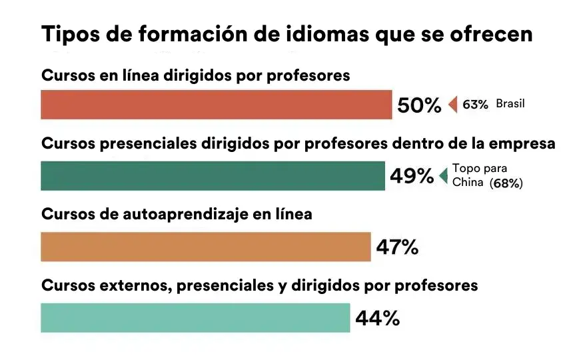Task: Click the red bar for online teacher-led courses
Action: (217, 105)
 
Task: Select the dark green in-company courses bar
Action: (213, 176)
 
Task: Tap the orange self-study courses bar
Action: (206, 247)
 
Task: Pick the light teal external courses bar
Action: (195, 318)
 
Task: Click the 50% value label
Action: (419, 105)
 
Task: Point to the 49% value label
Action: (412, 176)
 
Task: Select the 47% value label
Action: (397, 247)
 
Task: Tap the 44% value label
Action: (378, 318)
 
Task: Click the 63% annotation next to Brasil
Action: (475, 105)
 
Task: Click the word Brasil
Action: (510, 104)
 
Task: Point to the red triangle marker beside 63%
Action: (453, 105)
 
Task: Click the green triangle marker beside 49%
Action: (444, 176)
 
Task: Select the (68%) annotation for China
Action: (506, 183)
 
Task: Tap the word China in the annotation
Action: (468, 182)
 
